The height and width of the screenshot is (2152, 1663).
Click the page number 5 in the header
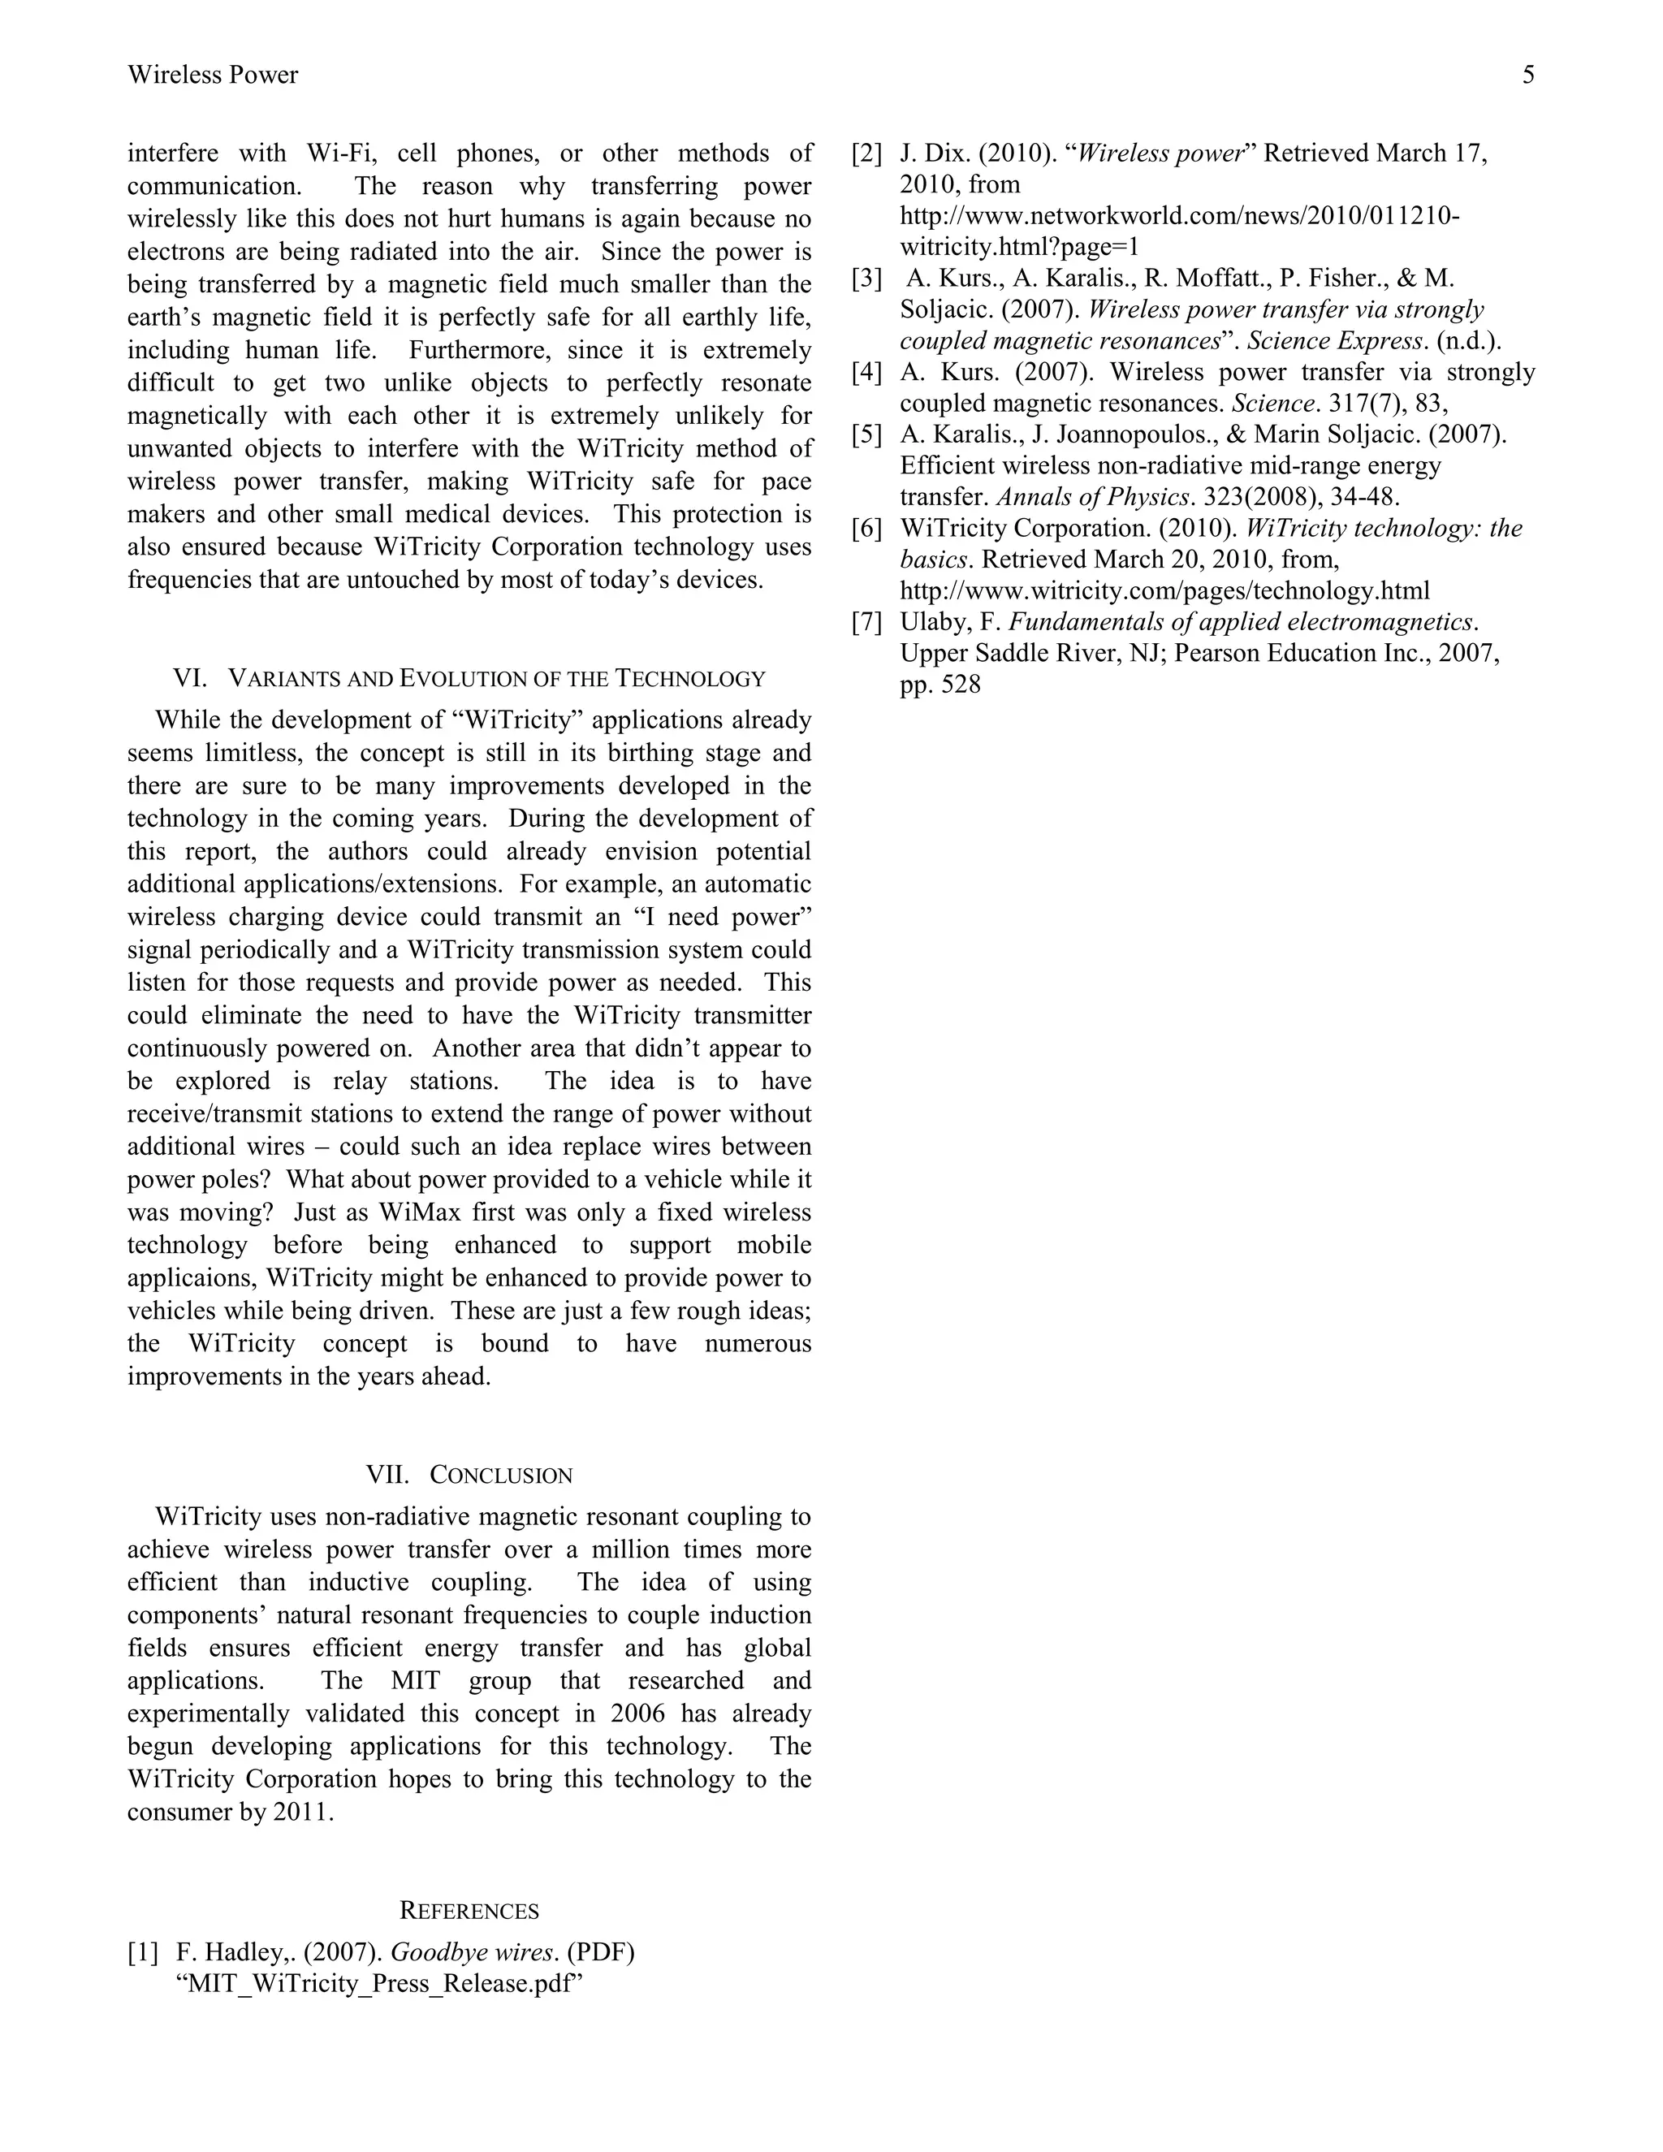[1528, 75]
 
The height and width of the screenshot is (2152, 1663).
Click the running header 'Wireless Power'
[213, 75]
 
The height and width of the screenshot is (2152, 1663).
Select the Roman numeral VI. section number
[190, 678]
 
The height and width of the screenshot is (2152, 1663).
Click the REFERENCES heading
[469, 1911]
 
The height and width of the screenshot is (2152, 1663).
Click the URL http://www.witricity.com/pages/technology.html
[1164, 591]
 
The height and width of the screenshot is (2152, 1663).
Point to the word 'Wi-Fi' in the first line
[338, 153]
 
